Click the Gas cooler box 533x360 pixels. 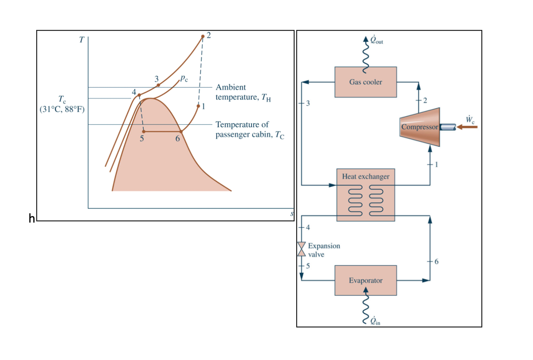tap(365, 82)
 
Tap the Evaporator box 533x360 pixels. tap(365, 280)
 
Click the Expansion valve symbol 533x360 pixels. tap(301, 249)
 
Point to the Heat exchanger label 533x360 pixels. tap(365, 176)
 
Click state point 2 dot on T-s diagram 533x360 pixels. tap(203, 37)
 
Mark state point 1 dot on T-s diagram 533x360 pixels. tap(198, 106)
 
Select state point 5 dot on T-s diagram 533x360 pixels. tap(144, 131)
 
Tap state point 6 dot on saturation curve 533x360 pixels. tap(181, 131)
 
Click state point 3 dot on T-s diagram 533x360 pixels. tap(158, 85)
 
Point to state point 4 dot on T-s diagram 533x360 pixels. tap(139, 95)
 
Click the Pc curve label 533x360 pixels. tap(184, 78)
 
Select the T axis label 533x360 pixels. tap(82, 39)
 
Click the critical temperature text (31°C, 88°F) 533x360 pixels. tap(62, 109)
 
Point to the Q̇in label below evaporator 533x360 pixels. tap(375, 321)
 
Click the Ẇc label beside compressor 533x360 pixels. tap(470, 120)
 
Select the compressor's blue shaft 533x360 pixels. tap(448, 127)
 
